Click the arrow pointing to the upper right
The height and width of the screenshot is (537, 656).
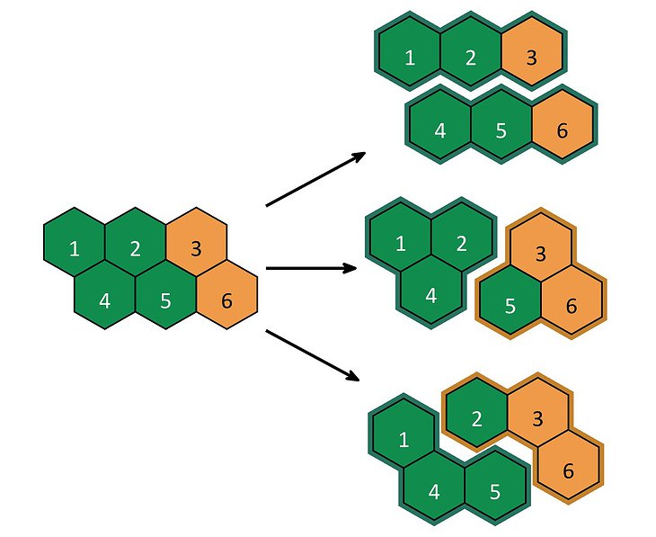[x=315, y=179]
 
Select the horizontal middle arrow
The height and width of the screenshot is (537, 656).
[x=311, y=268]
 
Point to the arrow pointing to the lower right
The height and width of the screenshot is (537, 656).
[x=313, y=355]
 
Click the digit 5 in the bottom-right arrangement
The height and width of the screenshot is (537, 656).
[x=495, y=492]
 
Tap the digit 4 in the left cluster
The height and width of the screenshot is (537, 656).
[x=104, y=300]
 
